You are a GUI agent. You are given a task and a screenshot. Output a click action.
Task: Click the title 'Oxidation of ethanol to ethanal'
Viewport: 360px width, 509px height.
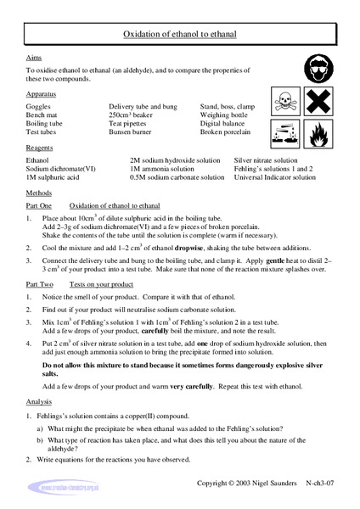pyautogui.click(x=180, y=34)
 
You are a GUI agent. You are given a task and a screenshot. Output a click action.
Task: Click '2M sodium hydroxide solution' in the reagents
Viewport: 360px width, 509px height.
pyautogui.click(x=173, y=159)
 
